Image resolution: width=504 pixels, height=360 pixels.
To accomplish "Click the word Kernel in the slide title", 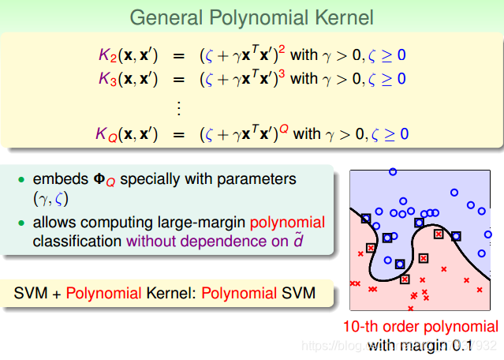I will (x=344, y=17).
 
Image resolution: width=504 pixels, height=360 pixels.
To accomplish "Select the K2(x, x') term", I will (x=128, y=55).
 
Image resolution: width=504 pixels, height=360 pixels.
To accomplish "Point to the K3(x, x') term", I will (x=128, y=79).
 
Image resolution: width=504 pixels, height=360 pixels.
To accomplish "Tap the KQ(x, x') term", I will (x=128, y=134).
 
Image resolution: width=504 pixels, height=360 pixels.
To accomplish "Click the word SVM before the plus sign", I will (x=31, y=294).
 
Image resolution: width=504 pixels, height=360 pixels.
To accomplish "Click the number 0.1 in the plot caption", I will (x=461, y=345).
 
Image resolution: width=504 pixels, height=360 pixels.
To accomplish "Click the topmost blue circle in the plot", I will (x=392, y=171).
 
